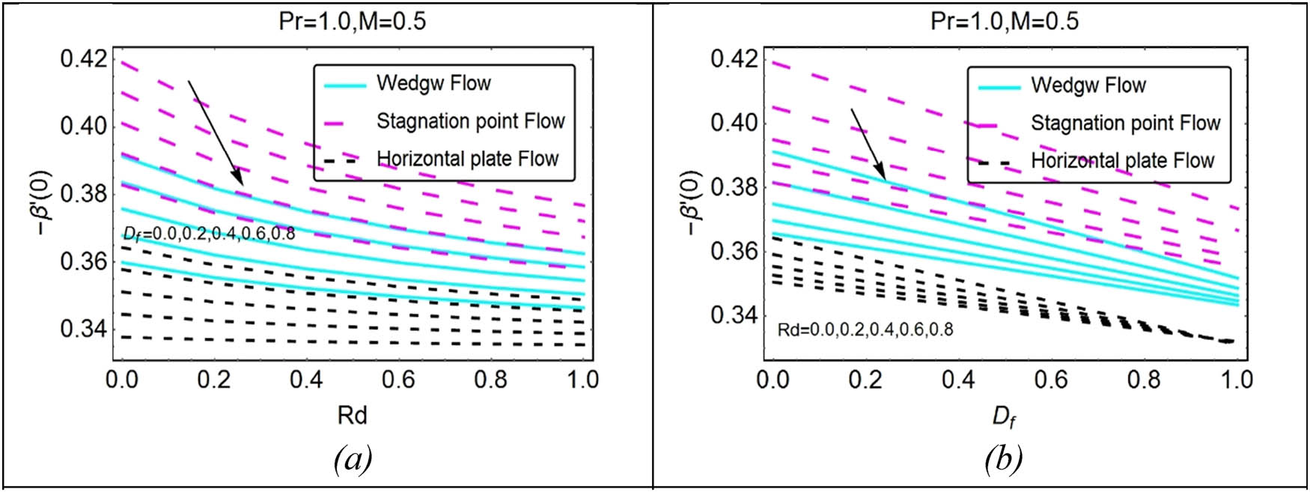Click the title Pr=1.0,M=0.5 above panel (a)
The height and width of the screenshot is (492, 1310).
click(x=352, y=21)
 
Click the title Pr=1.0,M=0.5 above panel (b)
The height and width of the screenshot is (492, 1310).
click(x=1005, y=21)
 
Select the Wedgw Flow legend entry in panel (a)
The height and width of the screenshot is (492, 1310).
click(x=433, y=83)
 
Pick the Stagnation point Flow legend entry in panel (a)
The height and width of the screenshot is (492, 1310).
click(x=470, y=121)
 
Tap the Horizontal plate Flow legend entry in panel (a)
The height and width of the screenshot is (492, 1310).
click(x=467, y=159)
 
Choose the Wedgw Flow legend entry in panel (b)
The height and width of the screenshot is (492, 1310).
click(x=1088, y=85)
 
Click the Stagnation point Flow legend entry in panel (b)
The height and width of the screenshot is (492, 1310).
click(x=1125, y=123)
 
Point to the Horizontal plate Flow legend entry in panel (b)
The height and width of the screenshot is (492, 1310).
click(x=1122, y=160)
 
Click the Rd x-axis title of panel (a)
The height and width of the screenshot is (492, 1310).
click(x=352, y=415)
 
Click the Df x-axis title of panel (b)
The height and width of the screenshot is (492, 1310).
click(x=1004, y=416)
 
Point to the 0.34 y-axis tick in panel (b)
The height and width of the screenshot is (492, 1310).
click(x=735, y=315)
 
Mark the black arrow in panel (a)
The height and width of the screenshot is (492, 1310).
click(x=215, y=133)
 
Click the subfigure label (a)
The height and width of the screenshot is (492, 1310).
click(x=353, y=458)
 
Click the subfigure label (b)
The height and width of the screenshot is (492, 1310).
click(x=1003, y=458)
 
